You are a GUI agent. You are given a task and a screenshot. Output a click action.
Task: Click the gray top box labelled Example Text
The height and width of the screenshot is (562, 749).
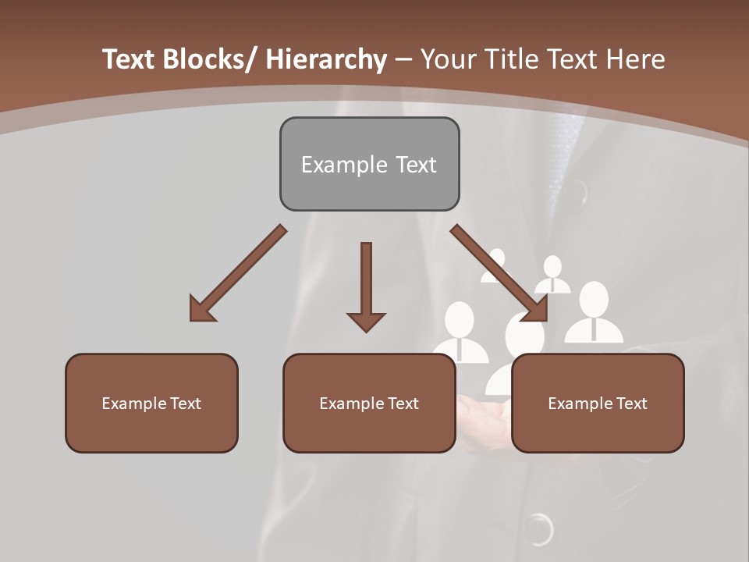tap(369, 164)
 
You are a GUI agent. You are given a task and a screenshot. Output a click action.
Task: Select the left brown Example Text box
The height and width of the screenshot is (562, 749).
tap(151, 403)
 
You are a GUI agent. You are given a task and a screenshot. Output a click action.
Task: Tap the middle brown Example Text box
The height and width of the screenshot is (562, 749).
tap(369, 403)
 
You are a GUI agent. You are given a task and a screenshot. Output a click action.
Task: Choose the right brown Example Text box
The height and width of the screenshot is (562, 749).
tap(598, 403)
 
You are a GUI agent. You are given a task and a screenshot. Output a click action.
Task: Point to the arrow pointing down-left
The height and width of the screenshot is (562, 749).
tap(238, 273)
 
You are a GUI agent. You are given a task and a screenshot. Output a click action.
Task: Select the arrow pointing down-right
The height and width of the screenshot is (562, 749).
tap(499, 273)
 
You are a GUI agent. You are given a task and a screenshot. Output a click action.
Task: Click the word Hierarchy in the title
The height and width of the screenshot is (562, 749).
tap(326, 59)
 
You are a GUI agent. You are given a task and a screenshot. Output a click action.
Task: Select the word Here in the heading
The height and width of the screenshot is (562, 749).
tap(635, 59)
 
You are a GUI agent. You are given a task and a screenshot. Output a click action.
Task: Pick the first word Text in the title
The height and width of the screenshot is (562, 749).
tap(130, 59)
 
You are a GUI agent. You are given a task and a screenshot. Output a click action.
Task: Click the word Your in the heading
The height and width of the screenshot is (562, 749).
tap(444, 59)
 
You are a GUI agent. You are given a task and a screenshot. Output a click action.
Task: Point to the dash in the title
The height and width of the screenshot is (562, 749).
tap(403, 59)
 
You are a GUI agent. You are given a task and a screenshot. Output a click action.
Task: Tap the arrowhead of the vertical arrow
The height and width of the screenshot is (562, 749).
tap(366, 321)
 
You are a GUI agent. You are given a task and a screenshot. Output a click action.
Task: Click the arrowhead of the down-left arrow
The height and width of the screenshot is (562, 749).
tap(201, 310)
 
